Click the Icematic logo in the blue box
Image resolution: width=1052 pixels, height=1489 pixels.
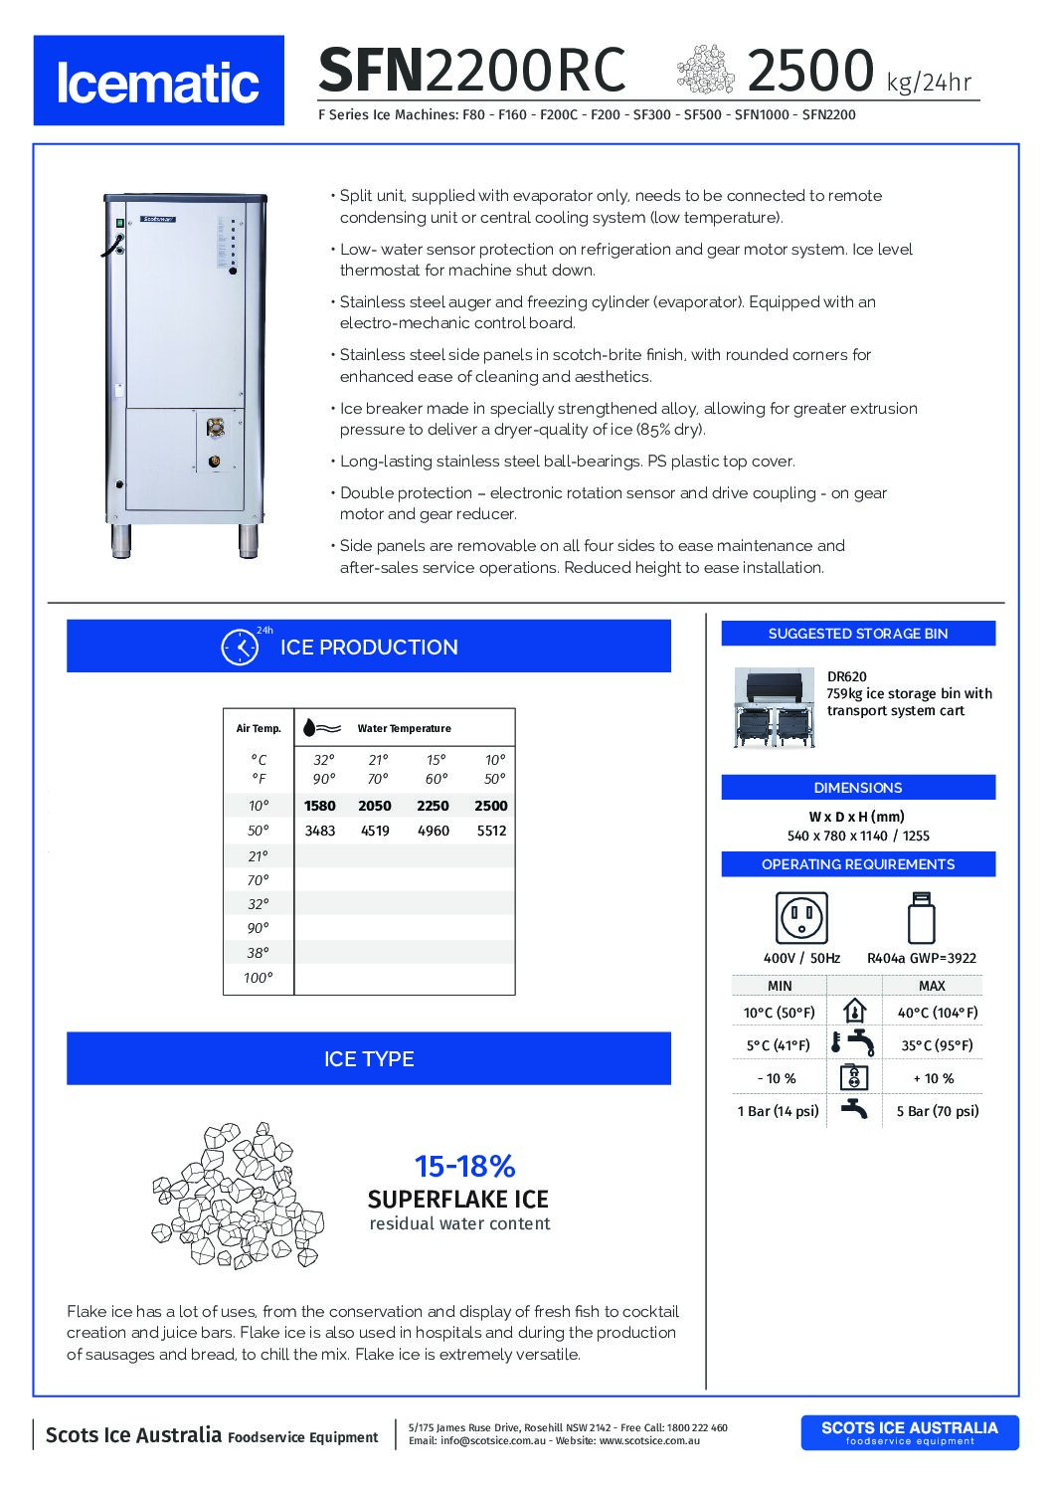click(x=158, y=82)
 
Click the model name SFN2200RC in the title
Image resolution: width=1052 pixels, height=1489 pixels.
click(x=472, y=71)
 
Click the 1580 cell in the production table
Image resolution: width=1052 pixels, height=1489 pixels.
click(x=320, y=806)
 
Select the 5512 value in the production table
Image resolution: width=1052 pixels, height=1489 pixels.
click(x=491, y=831)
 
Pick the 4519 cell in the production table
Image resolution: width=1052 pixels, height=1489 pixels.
click(x=375, y=831)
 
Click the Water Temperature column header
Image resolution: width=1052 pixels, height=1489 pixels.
click(x=404, y=728)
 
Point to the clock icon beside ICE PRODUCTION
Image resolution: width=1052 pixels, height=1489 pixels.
click(x=240, y=647)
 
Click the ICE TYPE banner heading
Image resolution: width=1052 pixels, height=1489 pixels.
click(x=369, y=1058)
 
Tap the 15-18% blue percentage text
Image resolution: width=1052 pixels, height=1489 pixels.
click(x=464, y=1166)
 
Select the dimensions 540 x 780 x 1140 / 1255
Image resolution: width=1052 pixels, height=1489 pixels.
click(x=858, y=836)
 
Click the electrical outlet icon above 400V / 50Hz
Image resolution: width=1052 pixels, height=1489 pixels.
click(x=801, y=917)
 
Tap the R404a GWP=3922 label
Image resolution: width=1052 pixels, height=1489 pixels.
click(x=921, y=958)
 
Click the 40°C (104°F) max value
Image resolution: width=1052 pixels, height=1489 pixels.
click(x=937, y=1013)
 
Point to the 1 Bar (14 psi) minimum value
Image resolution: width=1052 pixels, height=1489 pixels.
click(x=778, y=1111)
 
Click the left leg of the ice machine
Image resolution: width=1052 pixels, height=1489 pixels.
click(x=121, y=541)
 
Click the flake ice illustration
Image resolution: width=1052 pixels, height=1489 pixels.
click(x=239, y=1195)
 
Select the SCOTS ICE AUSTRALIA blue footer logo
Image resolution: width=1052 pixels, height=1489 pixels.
click(x=909, y=1432)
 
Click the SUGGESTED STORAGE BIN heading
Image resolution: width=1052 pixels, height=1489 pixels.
click(x=857, y=634)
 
